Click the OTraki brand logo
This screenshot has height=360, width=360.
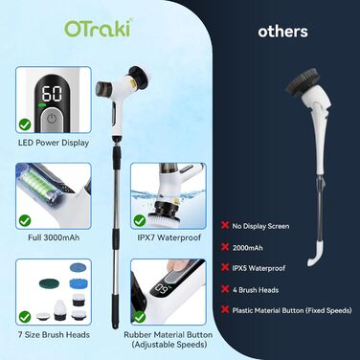point(99,29)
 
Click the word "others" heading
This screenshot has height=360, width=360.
point(282,32)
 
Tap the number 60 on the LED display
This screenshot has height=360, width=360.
point(52,93)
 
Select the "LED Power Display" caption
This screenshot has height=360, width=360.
point(54,143)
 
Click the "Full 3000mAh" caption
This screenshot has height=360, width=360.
point(54,237)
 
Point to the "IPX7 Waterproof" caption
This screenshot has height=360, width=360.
point(169,237)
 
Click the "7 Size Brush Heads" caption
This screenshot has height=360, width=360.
point(54,335)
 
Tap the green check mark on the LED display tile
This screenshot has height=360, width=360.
point(25,124)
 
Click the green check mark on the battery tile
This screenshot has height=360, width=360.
point(25,220)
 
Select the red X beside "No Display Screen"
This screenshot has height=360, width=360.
point(225,225)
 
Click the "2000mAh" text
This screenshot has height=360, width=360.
point(248,248)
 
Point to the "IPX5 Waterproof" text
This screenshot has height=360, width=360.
point(259,268)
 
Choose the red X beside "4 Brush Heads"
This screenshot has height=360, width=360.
point(225,289)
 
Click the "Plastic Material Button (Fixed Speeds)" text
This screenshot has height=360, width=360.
point(292,310)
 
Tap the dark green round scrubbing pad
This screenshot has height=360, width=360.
point(50,282)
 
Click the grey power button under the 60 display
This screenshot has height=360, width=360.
point(51,120)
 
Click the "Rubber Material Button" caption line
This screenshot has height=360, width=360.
point(169,335)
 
